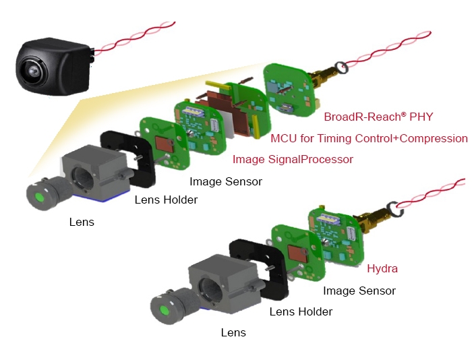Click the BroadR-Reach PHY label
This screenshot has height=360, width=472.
378,117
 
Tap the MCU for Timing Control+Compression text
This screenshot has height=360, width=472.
369,138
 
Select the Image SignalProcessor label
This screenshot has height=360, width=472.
293,159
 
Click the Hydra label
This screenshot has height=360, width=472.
382,268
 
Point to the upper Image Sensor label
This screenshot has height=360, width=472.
226,181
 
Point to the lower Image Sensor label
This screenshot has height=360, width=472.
359,291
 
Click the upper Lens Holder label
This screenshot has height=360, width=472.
166,200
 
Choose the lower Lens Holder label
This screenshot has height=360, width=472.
301,311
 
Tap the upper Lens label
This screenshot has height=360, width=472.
82,222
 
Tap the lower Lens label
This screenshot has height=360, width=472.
233,332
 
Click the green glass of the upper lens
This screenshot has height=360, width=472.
39,197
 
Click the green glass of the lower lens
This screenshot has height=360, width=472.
164,310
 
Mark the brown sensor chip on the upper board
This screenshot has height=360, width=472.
164,144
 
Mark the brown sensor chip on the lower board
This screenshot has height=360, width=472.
297,253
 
